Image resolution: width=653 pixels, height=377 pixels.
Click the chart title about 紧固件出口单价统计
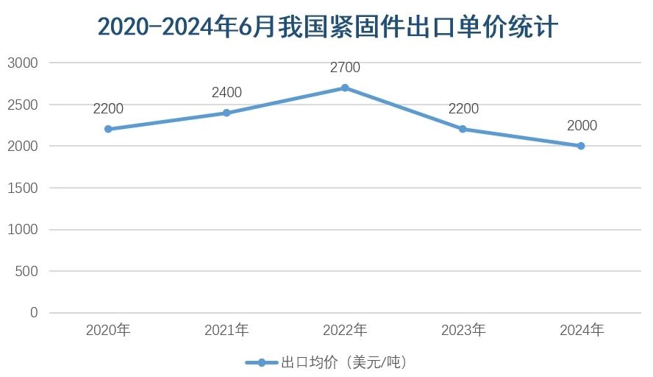(327, 27)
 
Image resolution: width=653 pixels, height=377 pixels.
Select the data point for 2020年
(108, 129)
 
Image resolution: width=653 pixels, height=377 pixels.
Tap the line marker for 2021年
(226, 113)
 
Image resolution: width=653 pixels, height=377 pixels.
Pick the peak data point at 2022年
(345, 88)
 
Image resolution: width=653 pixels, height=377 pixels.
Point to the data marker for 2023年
(463, 129)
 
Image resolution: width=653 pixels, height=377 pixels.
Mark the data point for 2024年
(581, 146)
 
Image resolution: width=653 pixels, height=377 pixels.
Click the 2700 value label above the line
(345, 68)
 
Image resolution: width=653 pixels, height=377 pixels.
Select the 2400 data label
(226, 93)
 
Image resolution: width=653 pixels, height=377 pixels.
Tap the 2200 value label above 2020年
(108, 109)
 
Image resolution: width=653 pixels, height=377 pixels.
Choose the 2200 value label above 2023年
(463, 109)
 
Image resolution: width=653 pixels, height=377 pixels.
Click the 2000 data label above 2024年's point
(582, 126)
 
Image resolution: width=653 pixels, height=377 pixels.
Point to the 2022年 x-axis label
(345, 330)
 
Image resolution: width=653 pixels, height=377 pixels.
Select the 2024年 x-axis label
(581, 330)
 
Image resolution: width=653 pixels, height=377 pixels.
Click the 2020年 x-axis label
(108, 330)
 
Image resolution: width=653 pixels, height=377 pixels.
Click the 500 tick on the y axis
(26, 271)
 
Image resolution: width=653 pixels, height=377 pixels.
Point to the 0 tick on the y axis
(34, 313)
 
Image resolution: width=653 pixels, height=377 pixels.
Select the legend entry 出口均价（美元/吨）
(326, 362)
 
